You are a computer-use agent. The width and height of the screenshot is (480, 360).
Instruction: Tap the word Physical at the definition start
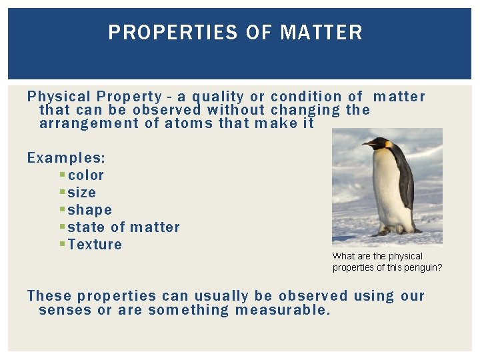click(x=59, y=97)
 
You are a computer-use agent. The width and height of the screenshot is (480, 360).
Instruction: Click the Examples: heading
click(x=66, y=158)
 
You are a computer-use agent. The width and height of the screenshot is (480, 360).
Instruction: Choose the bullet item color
click(x=86, y=175)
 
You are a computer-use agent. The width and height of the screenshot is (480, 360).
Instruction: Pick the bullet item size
click(x=82, y=193)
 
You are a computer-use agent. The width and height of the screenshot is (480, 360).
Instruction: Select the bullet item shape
click(x=90, y=210)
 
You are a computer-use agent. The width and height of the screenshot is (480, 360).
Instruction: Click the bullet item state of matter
click(x=124, y=227)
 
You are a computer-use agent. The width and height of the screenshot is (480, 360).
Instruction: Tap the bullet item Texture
click(x=95, y=245)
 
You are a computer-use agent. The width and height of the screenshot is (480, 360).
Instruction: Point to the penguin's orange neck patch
click(x=388, y=145)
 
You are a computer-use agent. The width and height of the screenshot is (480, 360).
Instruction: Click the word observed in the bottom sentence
click(x=313, y=296)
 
